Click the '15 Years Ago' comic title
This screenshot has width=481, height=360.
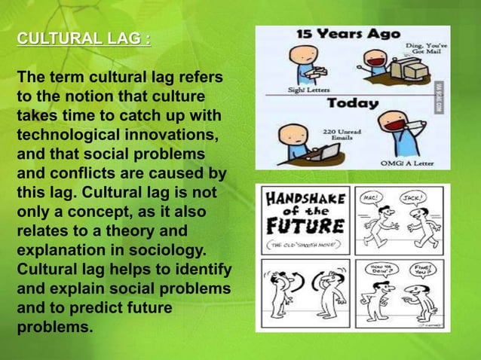[348, 35]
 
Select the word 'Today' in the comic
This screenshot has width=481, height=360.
[351, 102]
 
